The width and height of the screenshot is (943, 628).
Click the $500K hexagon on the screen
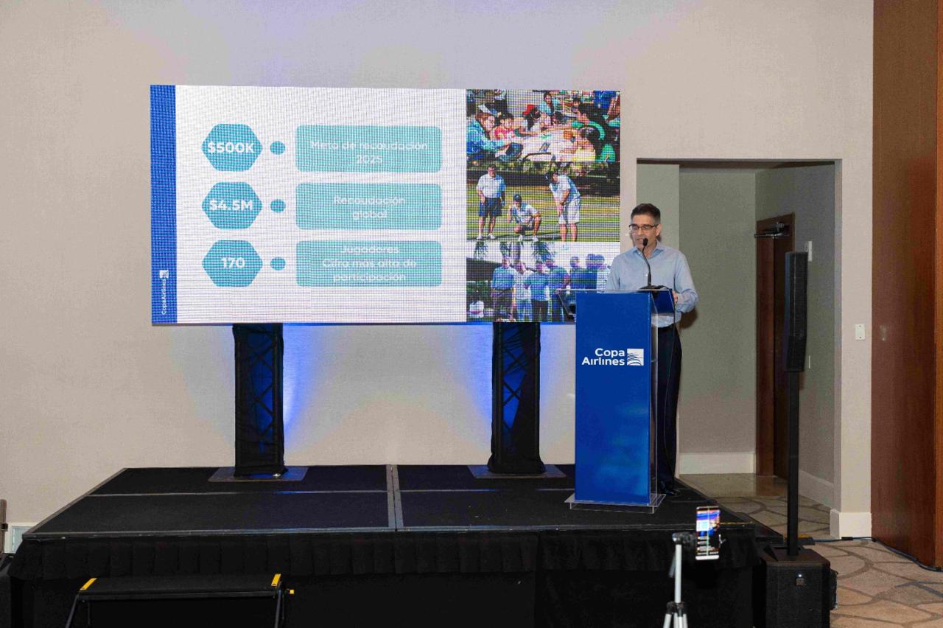[231, 147]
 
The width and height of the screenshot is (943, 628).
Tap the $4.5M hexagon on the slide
[231, 206]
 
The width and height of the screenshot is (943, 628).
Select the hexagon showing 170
[232, 263]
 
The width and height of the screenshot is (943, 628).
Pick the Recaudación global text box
[368, 206]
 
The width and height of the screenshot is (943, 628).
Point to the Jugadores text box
[368, 263]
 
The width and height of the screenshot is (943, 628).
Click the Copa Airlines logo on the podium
[612, 357]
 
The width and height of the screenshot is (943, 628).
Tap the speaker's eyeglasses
[643, 227]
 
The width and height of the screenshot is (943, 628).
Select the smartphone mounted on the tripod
[707, 532]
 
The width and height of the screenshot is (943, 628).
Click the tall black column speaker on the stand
[795, 311]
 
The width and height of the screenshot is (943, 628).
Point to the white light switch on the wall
[860, 332]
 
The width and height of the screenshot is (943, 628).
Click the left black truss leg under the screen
[259, 398]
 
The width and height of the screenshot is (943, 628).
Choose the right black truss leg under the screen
[516, 398]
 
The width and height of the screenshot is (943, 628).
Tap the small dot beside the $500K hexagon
[278, 148]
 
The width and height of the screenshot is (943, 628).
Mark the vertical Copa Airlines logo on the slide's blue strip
[164, 291]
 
